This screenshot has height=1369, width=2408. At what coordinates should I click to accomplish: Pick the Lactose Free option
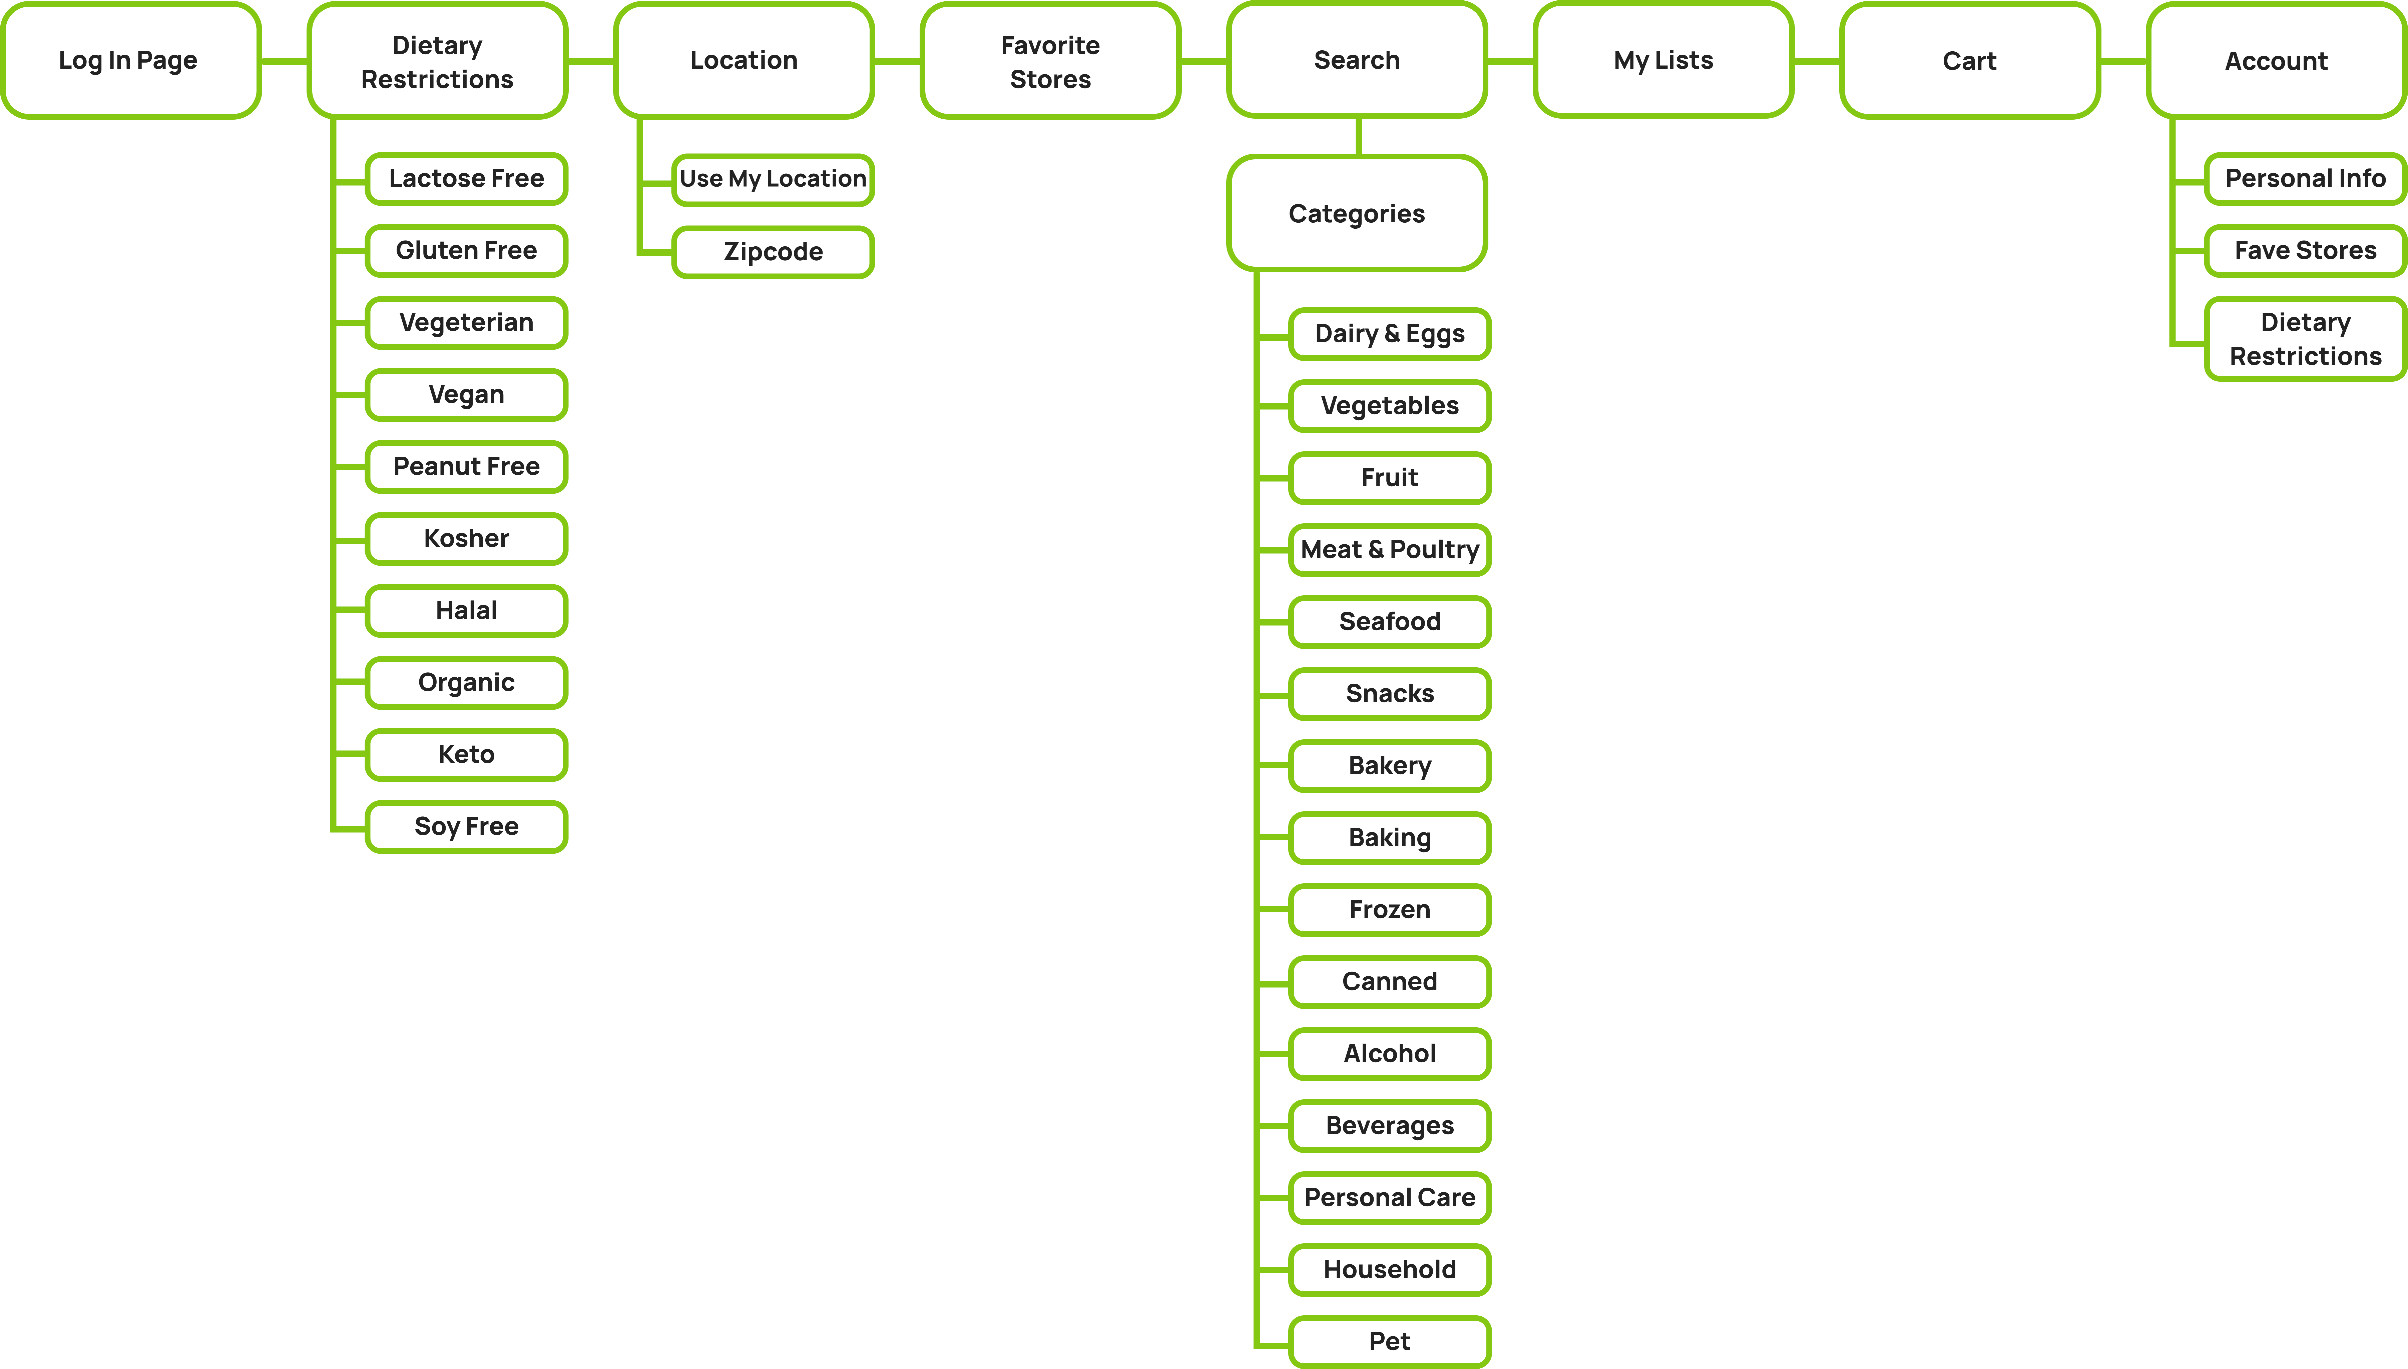467,179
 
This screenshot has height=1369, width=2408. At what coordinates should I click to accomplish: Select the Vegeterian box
467,323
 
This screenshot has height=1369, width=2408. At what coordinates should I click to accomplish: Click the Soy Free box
467,826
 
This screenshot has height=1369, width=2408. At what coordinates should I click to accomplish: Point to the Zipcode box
773,252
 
